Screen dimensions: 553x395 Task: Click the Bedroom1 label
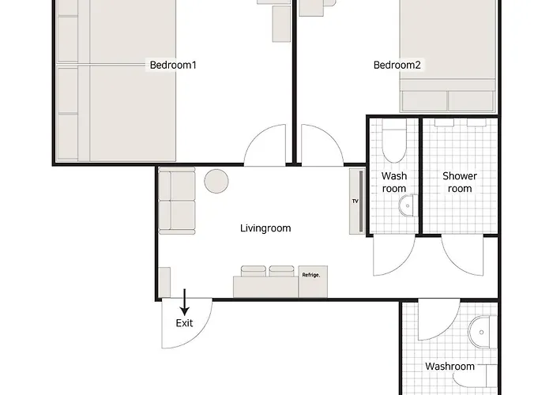[x=173, y=65]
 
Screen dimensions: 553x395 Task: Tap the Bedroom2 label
[x=397, y=65]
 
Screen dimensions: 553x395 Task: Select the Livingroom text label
[x=265, y=228]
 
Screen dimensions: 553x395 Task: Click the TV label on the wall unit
[x=355, y=201]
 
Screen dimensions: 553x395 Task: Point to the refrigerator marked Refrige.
[x=313, y=281]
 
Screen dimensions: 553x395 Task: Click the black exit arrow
[x=184, y=302]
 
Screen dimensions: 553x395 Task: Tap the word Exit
[x=184, y=323]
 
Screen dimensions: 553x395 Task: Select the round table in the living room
[x=216, y=181]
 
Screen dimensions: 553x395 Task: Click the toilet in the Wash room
[x=394, y=141]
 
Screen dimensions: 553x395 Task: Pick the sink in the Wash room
[x=408, y=205]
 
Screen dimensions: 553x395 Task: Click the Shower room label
[x=460, y=182]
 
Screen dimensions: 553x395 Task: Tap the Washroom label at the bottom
[x=450, y=367]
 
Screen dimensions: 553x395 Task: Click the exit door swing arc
[x=201, y=335]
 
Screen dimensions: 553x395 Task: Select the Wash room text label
[x=394, y=182]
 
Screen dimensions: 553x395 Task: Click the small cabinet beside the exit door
[x=164, y=282]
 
